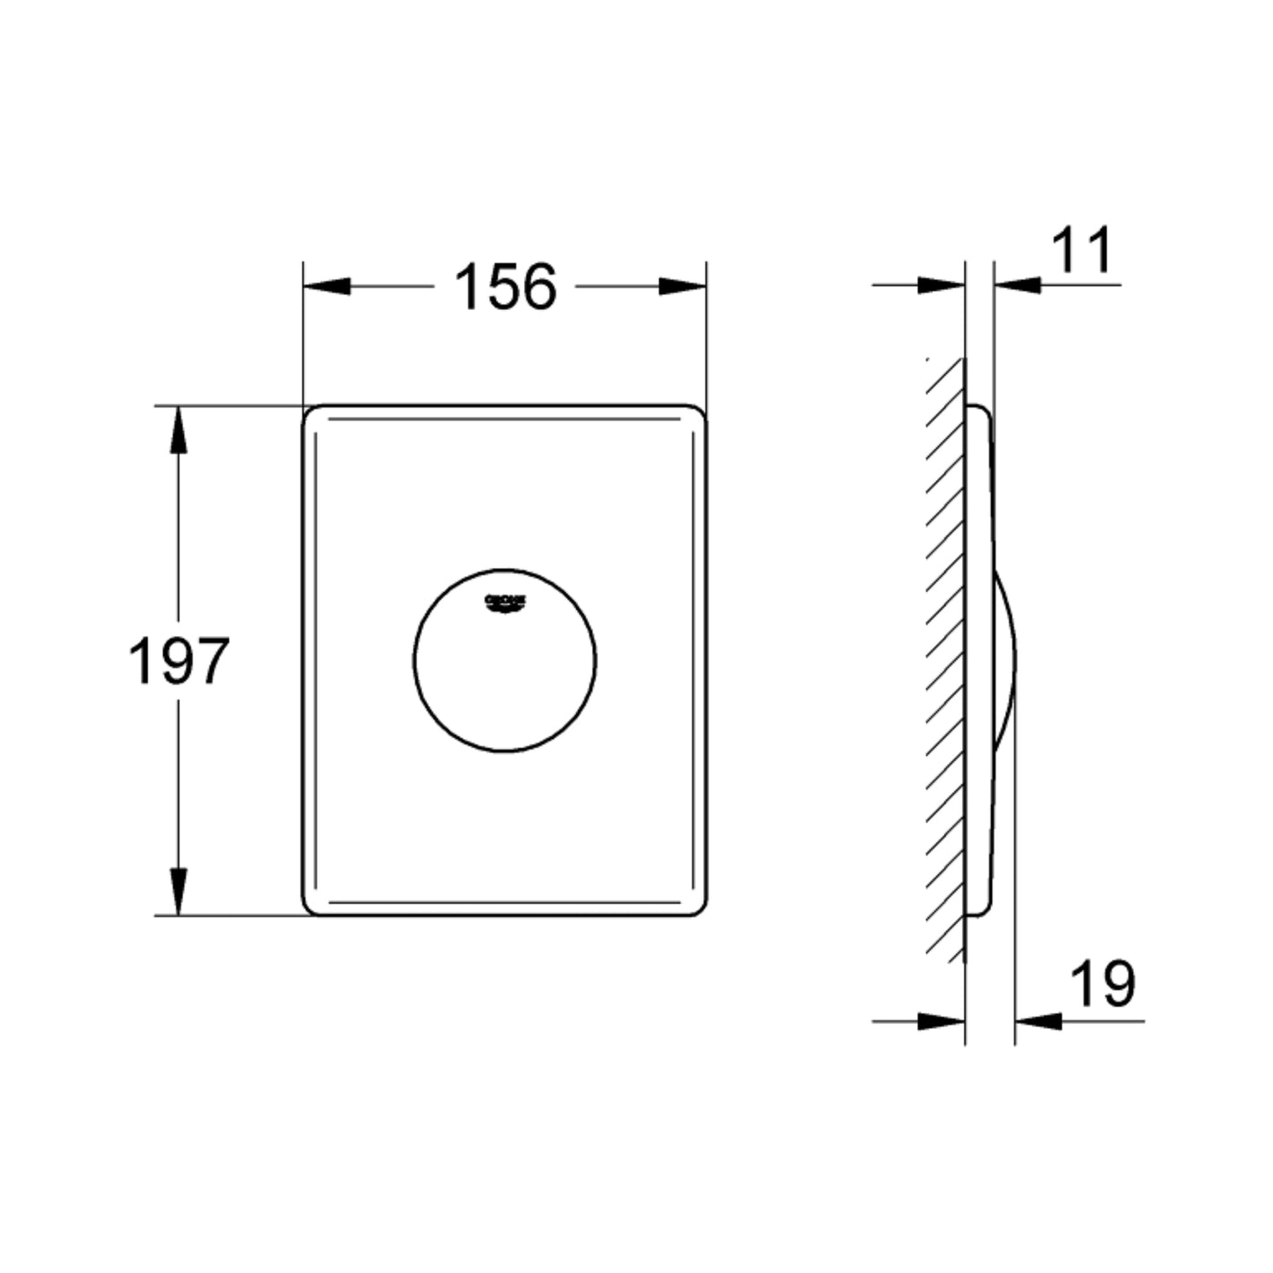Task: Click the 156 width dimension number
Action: click(x=505, y=287)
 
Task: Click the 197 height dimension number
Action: click(x=179, y=661)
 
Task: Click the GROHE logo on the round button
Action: click(x=505, y=603)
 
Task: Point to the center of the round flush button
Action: click(x=505, y=661)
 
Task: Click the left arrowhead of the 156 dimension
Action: click(x=326, y=286)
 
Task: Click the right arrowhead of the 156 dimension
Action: click(x=683, y=286)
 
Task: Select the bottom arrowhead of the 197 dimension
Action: click(x=179, y=892)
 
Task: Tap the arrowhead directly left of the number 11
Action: click(x=1018, y=285)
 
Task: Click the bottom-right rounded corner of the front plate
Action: click(x=698, y=907)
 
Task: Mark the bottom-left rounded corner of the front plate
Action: click(x=311, y=907)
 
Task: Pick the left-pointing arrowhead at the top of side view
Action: click(x=1018, y=285)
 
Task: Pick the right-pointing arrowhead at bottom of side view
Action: click(x=941, y=1021)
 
